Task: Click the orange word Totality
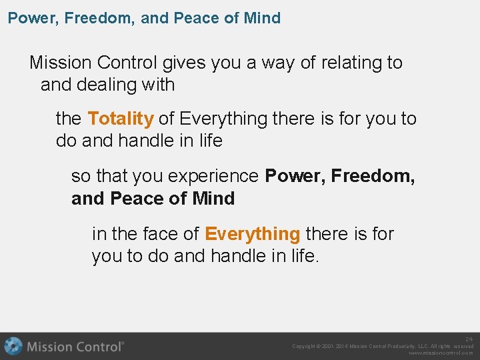click(x=121, y=119)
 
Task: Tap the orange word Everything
click(x=252, y=234)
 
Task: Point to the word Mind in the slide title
click(x=262, y=18)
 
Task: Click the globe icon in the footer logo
click(x=13, y=346)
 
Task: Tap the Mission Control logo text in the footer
click(x=75, y=347)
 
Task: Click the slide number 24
click(x=469, y=339)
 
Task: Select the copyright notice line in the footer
click(x=383, y=346)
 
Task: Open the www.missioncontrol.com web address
click(x=440, y=353)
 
